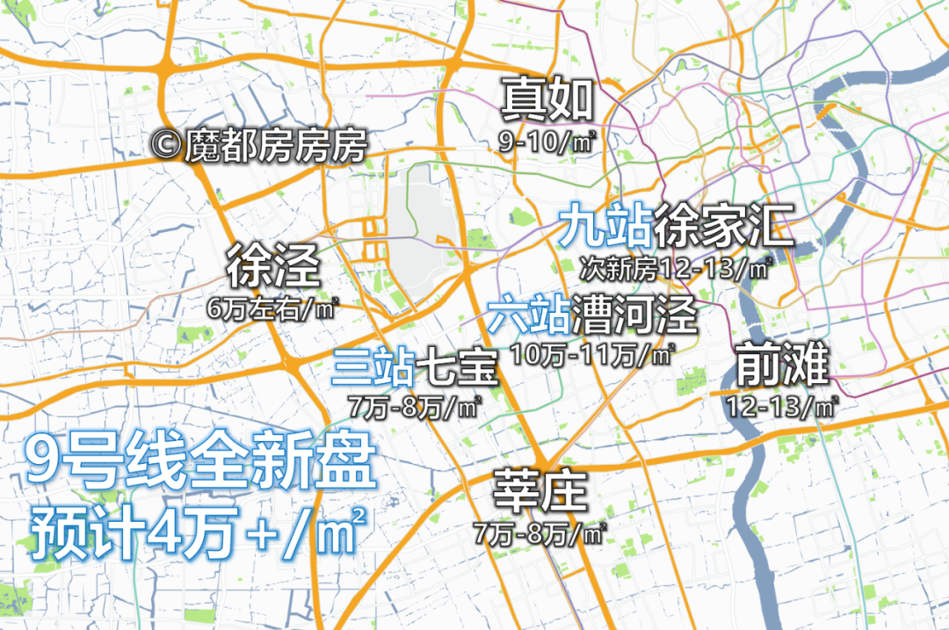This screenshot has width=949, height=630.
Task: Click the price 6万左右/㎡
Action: [x=272, y=308]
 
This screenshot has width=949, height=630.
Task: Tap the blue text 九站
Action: [x=605, y=225]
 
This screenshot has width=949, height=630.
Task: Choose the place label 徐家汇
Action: [x=723, y=225]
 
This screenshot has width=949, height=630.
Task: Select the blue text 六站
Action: [x=528, y=314]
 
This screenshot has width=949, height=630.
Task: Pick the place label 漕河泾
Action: [x=634, y=314]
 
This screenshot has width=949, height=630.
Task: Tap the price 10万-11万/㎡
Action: [x=593, y=354]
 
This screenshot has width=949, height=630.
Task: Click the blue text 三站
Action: [x=373, y=367]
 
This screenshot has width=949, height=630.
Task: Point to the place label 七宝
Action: [x=456, y=367]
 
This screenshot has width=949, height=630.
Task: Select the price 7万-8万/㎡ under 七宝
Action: [x=415, y=408]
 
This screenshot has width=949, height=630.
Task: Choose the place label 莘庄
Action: [x=540, y=492]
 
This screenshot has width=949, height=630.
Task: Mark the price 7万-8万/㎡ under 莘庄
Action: [x=540, y=532]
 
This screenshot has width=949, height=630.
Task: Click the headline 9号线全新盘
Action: [x=201, y=464]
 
